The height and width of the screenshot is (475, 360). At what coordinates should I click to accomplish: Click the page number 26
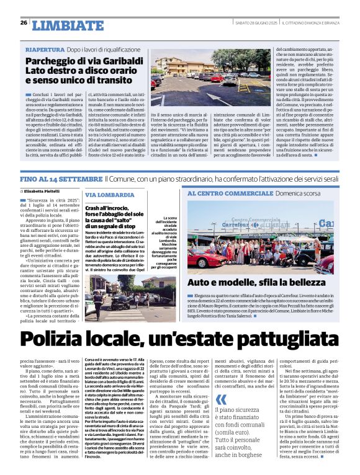click(24, 23)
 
